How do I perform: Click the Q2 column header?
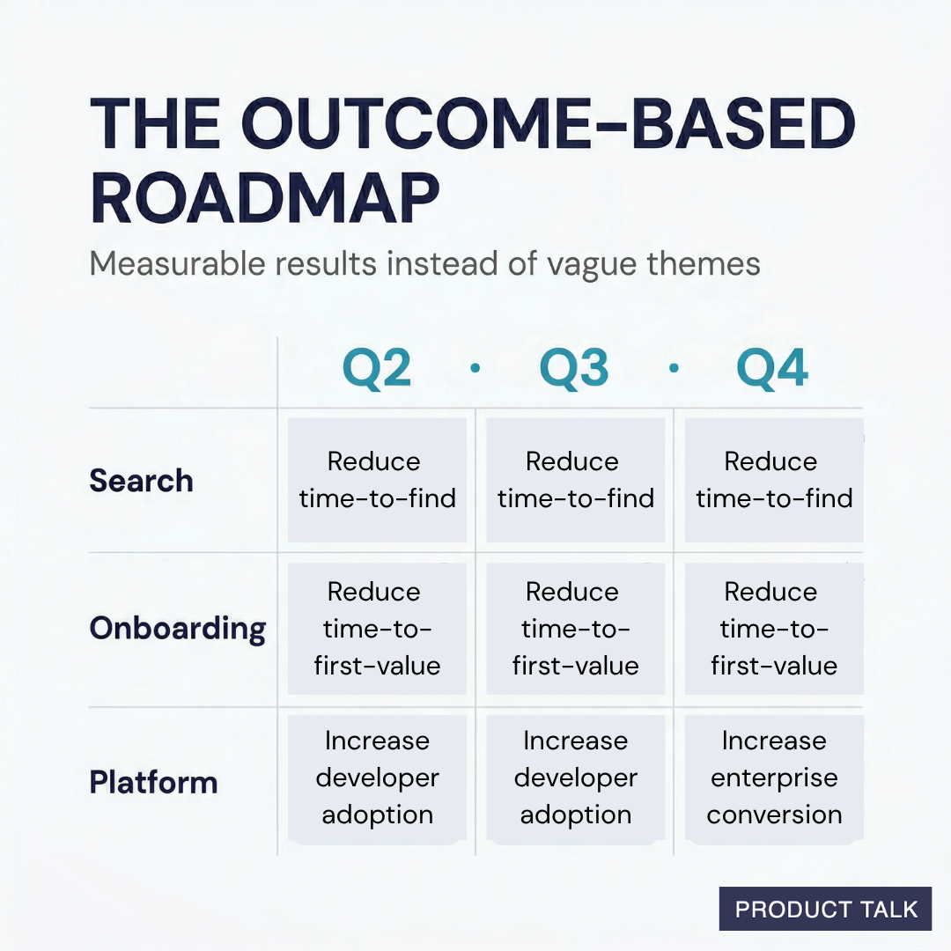(x=377, y=369)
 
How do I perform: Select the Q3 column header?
(x=574, y=369)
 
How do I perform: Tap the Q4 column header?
(x=772, y=369)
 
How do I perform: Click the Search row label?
(x=141, y=481)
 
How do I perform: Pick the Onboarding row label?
(x=177, y=629)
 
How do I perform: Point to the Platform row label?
(x=153, y=782)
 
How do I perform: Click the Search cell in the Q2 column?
(x=377, y=481)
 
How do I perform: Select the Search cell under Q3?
(x=575, y=481)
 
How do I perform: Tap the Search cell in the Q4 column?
(x=773, y=481)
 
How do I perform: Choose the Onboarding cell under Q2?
(x=377, y=629)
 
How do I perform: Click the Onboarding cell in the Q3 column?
(x=575, y=629)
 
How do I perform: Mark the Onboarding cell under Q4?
(x=773, y=629)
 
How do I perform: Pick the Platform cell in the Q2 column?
(x=377, y=778)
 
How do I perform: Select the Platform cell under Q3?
(x=575, y=778)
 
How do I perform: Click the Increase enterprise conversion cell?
(x=773, y=778)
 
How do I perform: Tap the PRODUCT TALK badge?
(x=825, y=909)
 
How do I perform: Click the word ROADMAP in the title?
(x=264, y=200)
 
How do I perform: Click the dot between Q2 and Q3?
(x=475, y=369)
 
